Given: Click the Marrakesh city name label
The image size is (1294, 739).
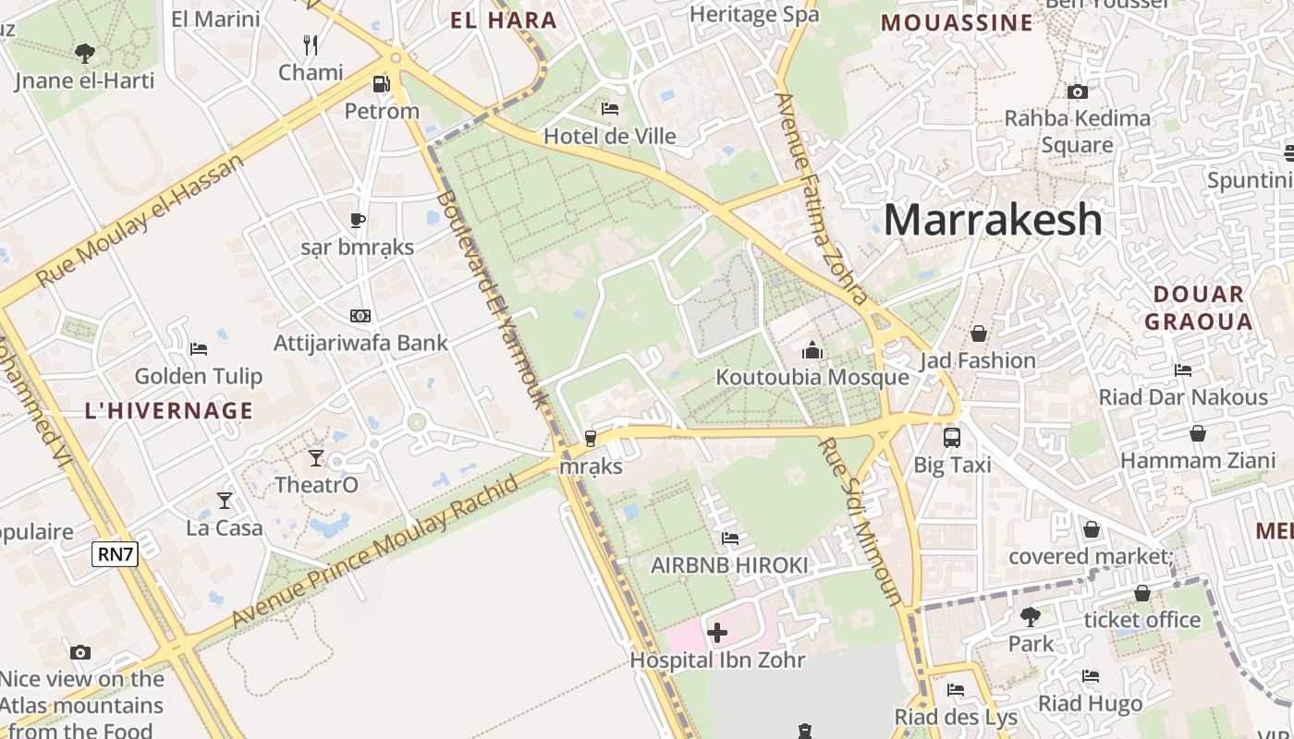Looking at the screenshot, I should pos(993,220).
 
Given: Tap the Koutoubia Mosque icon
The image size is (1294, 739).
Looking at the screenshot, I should pos(812,350).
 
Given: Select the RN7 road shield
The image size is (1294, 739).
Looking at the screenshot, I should pos(116,553).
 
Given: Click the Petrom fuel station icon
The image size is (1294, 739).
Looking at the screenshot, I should pos(381,85).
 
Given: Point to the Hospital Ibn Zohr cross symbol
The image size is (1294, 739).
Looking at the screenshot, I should pos(717,633).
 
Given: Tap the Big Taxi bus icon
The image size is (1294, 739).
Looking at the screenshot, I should pos(952,438).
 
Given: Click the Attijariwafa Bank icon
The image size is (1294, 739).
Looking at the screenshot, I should pos(360,316).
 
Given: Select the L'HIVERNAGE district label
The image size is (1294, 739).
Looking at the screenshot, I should pos(168,411).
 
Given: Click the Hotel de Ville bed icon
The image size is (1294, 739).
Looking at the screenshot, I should pos(610,109).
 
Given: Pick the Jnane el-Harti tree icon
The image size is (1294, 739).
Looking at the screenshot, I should pos(84,54).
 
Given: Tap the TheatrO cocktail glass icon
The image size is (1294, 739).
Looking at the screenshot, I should pos(316,457).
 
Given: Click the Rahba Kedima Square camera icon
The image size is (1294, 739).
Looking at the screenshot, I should pos(1077,91).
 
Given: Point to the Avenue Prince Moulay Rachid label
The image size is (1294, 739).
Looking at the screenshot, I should pos(375,551).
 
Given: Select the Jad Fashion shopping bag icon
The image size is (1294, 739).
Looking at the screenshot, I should pos(978,333).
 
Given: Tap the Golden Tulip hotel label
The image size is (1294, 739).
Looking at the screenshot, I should pos(199,376).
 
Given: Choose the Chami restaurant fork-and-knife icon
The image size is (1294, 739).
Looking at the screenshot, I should pos(311,43).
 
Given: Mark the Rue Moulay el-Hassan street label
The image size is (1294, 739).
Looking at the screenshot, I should pos(140,220).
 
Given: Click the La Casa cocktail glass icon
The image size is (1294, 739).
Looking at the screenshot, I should pos(225,501).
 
